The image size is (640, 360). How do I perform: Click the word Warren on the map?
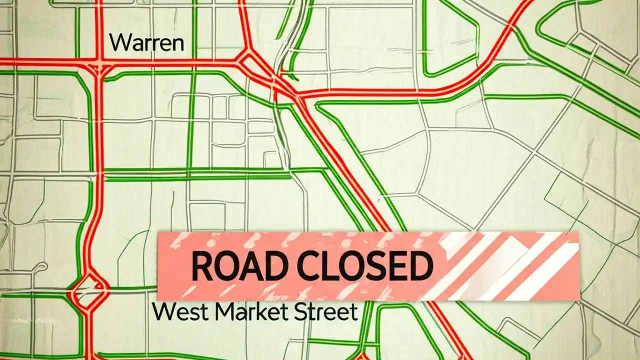click(146, 43)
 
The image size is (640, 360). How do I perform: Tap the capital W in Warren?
click(119, 43)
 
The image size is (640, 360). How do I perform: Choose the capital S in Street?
click(299, 312)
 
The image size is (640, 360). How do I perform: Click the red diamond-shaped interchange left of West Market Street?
click(88, 290)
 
